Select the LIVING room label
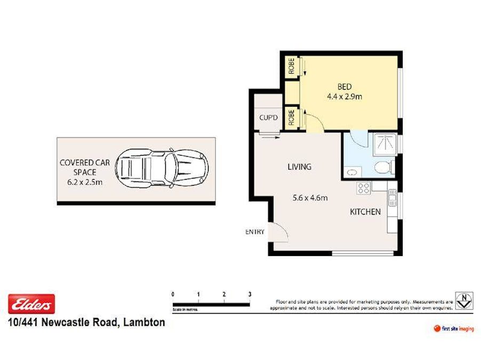[299, 167]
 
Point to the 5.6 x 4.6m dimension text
[309, 198]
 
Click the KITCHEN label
[365, 212]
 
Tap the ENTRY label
[254, 231]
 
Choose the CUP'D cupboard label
[268, 117]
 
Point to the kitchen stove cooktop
[364, 188]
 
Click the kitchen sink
[392, 199]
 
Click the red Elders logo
[31, 304]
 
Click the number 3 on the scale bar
[250, 294]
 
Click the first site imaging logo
[454, 329]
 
